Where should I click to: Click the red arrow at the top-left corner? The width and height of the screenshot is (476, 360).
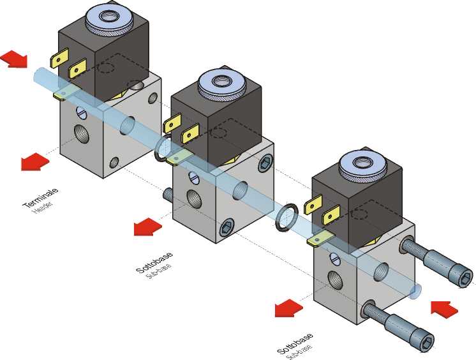click(13, 59)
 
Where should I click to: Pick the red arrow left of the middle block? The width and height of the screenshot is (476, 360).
click(147, 226)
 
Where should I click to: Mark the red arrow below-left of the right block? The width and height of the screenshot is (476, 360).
click(288, 308)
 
